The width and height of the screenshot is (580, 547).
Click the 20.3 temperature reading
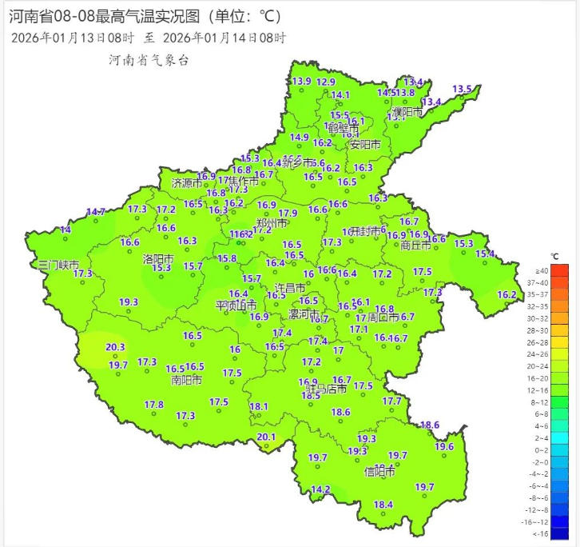click(x=116, y=347)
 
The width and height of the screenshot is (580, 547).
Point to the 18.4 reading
click(x=384, y=505)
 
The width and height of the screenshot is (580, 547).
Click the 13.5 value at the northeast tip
click(x=463, y=89)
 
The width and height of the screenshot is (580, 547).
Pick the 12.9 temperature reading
click(x=326, y=82)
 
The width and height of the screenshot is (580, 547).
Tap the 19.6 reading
click(x=444, y=447)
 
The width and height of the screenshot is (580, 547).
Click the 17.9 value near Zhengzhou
click(x=288, y=214)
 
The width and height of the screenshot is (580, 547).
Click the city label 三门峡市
click(x=60, y=265)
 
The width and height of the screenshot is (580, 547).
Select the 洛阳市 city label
click(x=158, y=258)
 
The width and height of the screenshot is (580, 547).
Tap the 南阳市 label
click(x=185, y=380)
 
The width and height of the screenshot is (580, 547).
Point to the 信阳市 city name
click(x=379, y=472)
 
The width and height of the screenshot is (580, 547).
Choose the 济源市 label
click(x=188, y=183)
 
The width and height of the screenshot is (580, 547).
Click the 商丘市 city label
click(x=416, y=246)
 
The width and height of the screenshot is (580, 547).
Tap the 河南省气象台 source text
click(x=148, y=61)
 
